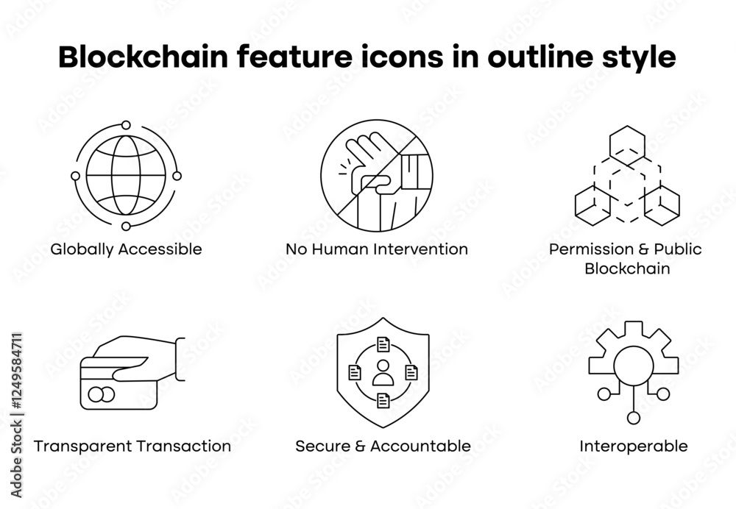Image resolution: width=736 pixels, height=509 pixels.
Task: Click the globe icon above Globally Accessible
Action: pos(126,176)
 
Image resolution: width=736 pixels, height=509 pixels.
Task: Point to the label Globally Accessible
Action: pos(126,249)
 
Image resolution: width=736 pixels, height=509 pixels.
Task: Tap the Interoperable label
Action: pos(634,446)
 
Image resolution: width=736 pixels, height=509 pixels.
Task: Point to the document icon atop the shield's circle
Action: pos(383,344)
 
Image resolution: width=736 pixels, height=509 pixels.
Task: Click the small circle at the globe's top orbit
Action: pos(126,126)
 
